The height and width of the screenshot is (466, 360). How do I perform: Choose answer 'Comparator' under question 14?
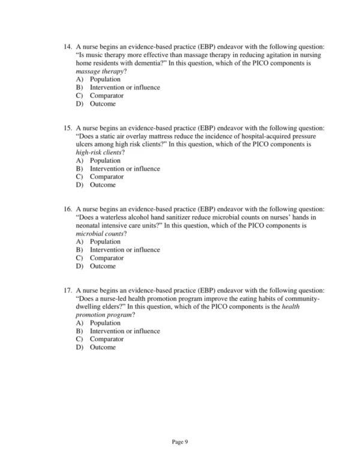pos(107,95)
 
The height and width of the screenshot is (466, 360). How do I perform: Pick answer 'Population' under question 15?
pos(105,160)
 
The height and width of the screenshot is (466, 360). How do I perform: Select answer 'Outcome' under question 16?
pos(103,266)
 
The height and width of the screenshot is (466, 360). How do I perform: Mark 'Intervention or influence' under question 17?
pos(125,331)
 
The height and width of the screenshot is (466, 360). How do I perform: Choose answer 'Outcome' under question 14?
pos(103,104)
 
